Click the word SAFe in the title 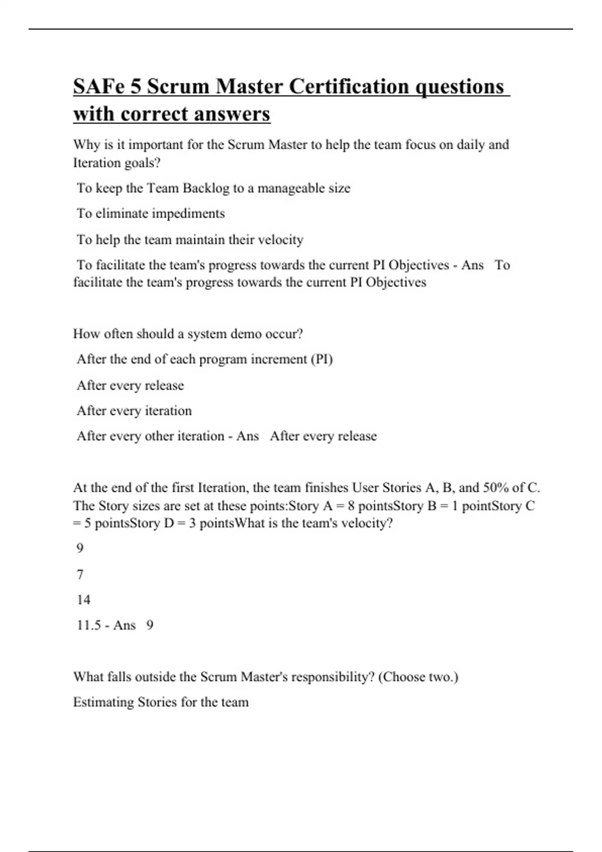coord(98,87)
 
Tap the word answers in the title coord(232,114)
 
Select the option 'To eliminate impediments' coord(150,214)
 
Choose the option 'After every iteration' coord(134,411)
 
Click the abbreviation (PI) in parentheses coord(322,359)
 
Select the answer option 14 coord(83,600)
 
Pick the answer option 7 coord(80,574)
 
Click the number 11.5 coord(89,625)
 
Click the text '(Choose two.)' coord(418,677)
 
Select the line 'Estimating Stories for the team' coord(161,702)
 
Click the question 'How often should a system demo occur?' coord(188,334)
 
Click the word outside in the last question coord(152,677)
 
